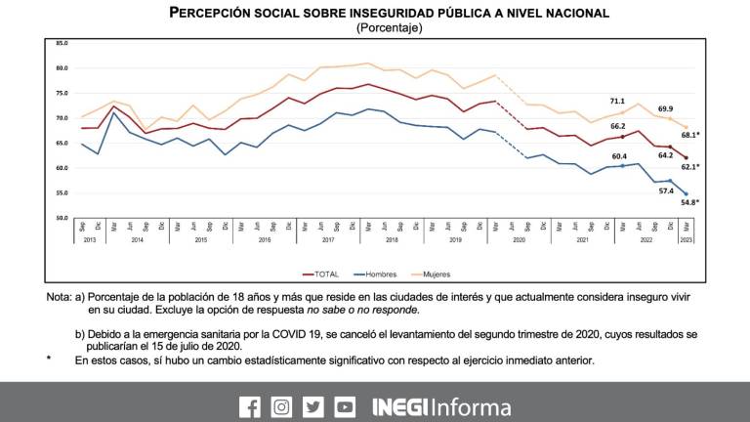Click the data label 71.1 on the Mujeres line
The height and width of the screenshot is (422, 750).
point(617,100)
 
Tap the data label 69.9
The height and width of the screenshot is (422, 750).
point(665,108)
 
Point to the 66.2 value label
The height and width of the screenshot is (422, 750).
point(617,126)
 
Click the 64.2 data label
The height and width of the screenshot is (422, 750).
point(667,154)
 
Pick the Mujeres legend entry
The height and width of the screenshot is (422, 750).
point(434,274)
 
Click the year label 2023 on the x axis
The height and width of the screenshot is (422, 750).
point(686,239)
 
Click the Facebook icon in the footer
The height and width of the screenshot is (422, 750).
point(250,406)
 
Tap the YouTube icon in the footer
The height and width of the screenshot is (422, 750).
point(345,406)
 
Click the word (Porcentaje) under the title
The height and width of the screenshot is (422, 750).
point(389,28)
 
